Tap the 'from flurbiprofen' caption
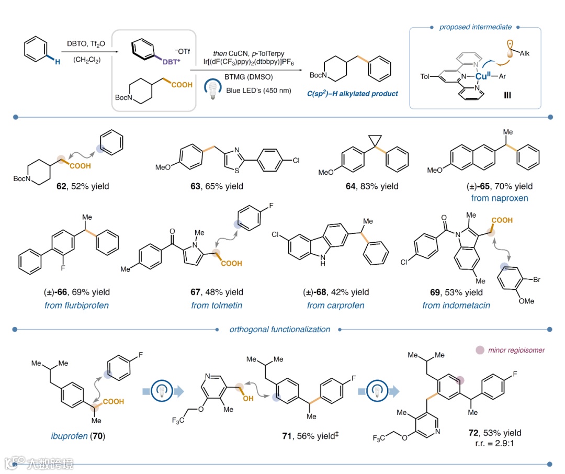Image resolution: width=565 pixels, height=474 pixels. pyautogui.click(x=76, y=305)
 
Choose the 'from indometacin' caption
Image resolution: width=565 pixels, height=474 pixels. pyautogui.click(x=456, y=305)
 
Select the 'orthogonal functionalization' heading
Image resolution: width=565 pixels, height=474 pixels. pyautogui.click(x=280, y=330)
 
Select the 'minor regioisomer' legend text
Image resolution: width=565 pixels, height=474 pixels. pyautogui.click(x=514, y=349)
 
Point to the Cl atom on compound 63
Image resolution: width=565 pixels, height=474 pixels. pyautogui.click(x=296, y=160)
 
